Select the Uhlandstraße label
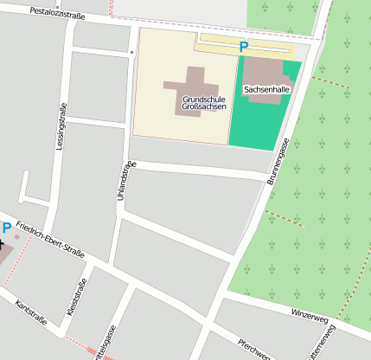[x=121, y=183]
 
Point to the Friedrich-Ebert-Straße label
[x=49, y=239]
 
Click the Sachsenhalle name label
[x=266, y=89]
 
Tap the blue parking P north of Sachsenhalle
[x=243, y=47]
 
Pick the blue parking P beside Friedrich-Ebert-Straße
[x=7, y=228]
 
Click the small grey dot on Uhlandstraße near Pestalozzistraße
[x=131, y=52]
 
